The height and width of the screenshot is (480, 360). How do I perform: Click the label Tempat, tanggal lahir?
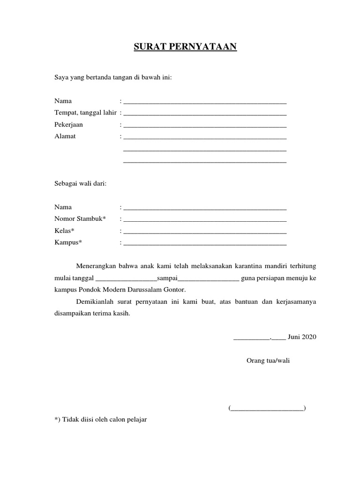click(85, 113)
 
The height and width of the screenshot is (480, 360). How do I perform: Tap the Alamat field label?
click(65, 136)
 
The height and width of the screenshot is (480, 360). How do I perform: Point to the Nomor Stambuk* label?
click(80, 219)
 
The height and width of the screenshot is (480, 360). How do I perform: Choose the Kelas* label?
click(64, 231)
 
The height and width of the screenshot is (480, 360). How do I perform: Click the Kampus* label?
click(68, 242)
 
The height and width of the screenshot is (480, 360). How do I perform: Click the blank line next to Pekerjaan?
click(205, 126)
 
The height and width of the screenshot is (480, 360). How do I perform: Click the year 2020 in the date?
click(309, 337)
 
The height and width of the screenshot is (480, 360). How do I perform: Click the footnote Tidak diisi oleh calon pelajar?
click(101, 420)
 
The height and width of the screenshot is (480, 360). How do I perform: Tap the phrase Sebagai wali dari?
click(81, 184)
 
